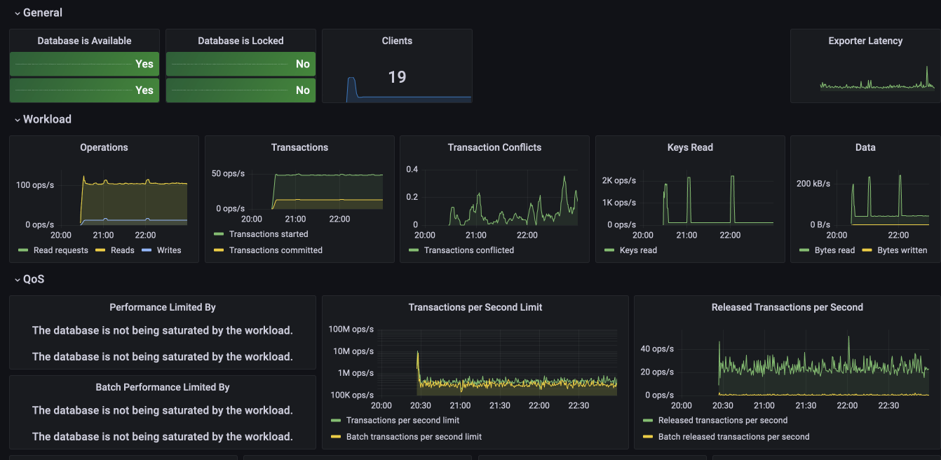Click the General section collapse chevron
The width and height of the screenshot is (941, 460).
click(17, 13)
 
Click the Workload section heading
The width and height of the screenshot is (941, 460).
click(47, 119)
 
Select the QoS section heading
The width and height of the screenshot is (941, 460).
click(34, 279)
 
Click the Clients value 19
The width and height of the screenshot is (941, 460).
click(397, 77)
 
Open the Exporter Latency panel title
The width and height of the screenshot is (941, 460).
click(865, 41)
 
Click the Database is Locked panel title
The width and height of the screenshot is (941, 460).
click(241, 41)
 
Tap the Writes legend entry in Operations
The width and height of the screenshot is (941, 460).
click(168, 250)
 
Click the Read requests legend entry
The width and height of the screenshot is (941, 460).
click(60, 250)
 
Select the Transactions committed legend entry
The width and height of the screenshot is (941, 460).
click(276, 250)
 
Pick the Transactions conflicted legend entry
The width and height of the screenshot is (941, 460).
click(468, 250)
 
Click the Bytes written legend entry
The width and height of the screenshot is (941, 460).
click(902, 250)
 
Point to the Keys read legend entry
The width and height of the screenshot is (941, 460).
click(638, 250)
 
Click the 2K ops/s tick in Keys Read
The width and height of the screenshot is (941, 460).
click(618, 180)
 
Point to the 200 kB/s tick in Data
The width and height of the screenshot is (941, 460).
click(813, 184)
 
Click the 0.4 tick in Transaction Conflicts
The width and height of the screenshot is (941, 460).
click(412, 170)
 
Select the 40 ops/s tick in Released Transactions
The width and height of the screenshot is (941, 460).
click(657, 349)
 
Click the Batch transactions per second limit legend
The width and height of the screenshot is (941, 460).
click(414, 436)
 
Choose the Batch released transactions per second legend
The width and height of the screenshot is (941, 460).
click(733, 436)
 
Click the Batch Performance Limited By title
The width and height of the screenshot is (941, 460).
click(163, 387)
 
